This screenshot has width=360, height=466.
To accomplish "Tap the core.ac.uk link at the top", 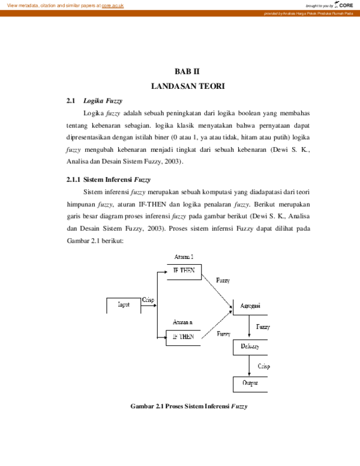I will click(113, 5).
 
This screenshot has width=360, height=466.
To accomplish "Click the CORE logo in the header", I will click(344, 5).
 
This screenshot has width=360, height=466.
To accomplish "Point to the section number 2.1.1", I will click(73, 180).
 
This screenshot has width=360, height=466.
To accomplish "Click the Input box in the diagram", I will click(123, 304).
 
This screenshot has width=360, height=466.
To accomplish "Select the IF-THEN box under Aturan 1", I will click(184, 271).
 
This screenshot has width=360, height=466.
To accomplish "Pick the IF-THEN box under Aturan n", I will click(184, 337).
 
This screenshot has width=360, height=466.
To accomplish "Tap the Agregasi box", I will click(250, 306).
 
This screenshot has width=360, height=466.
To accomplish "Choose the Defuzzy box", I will click(250, 347).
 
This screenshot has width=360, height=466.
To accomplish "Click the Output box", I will click(250, 383).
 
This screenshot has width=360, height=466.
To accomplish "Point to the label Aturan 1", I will click(184, 257).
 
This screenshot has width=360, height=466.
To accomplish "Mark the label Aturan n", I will click(183, 322).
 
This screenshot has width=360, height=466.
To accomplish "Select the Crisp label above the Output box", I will click(263, 366).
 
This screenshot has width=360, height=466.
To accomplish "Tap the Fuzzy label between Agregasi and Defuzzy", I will click(263, 327).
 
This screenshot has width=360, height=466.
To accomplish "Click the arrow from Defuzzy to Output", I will click(250, 366).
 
